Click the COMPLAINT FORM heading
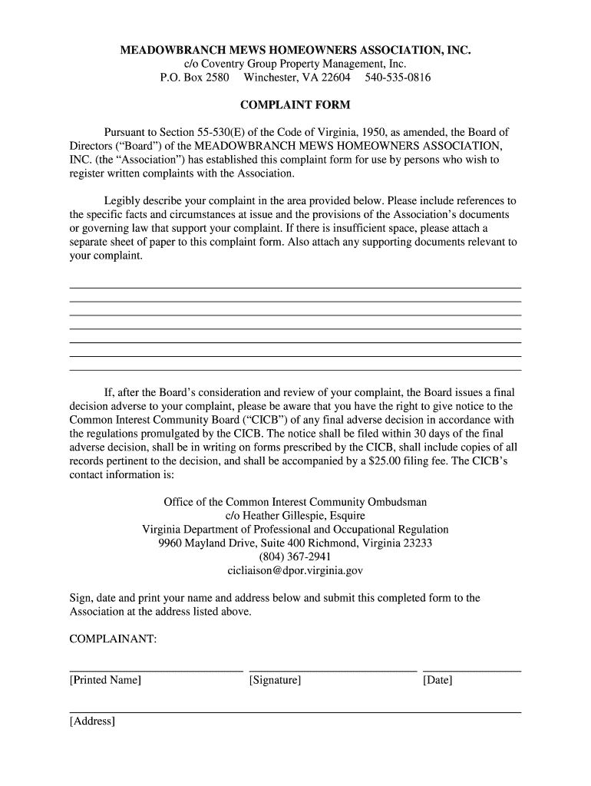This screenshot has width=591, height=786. [x=295, y=104]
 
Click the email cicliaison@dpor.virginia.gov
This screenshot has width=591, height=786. [x=295, y=570]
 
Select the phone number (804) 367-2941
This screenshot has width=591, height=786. [x=295, y=556]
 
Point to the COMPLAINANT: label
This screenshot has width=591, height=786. [x=113, y=639]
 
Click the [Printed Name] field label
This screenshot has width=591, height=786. [x=105, y=680]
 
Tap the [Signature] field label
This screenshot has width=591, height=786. [x=275, y=680]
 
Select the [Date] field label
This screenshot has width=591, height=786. [x=437, y=680]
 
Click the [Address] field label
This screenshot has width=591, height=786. [x=92, y=722]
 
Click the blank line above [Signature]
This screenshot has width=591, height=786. [x=332, y=671]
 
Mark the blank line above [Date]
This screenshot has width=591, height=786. [x=471, y=671]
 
